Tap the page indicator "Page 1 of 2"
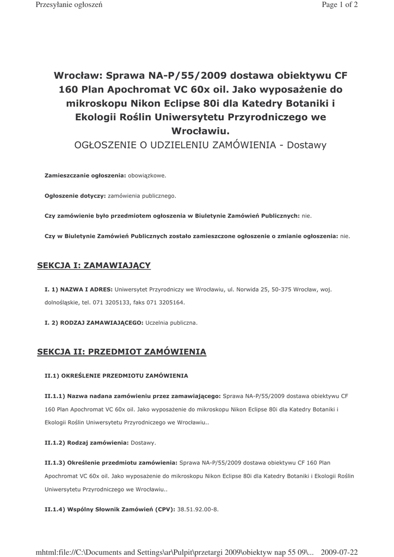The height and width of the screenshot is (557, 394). click(340, 5)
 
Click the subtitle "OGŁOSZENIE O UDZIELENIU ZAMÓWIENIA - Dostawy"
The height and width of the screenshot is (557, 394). click(200, 145)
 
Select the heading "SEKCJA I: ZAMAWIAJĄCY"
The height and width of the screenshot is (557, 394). click(94, 265)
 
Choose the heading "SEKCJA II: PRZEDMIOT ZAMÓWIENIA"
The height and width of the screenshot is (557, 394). click(121, 352)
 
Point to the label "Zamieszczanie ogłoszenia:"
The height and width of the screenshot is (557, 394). click(85, 176)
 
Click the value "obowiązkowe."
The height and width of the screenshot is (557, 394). click(147, 176)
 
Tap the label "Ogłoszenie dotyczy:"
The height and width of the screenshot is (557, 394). click(75, 196)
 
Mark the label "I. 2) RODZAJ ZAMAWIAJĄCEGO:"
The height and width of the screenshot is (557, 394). click(94, 323)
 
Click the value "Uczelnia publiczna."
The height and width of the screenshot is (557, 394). click(171, 323)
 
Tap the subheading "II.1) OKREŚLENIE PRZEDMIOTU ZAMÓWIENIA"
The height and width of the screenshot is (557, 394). click(116, 376)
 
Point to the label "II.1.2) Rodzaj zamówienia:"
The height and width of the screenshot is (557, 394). click(87, 443)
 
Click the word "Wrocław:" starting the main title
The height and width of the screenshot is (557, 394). click(77, 76)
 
